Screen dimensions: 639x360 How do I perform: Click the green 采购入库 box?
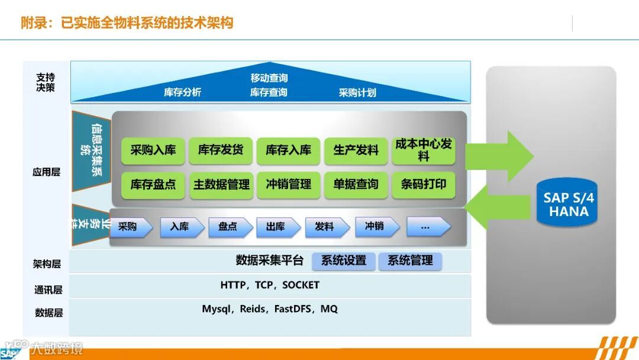[x=153, y=150]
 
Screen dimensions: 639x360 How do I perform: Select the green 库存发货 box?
[x=221, y=150]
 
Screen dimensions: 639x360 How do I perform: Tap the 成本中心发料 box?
[x=424, y=150]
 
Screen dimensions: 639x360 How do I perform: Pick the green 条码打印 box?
[x=424, y=185]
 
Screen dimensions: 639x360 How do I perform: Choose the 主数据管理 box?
[x=221, y=185]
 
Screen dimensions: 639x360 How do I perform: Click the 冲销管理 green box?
[x=288, y=185]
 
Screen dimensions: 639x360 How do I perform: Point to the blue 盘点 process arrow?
[x=230, y=227]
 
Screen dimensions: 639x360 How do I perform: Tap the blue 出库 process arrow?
[x=278, y=227]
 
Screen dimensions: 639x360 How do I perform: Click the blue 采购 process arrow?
[x=131, y=227]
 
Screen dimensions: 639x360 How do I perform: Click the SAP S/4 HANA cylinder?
[x=567, y=202]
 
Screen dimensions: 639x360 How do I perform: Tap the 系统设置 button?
[x=344, y=261]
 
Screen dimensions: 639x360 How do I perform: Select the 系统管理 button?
[x=410, y=261]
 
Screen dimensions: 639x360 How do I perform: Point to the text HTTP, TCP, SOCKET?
[x=270, y=285]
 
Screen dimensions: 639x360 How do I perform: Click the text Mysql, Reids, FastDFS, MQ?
[x=270, y=309]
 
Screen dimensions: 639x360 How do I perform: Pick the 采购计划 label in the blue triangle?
[x=357, y=93]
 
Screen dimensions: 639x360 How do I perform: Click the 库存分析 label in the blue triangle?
[x=183, y=92]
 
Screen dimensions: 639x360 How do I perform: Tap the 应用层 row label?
[x=47, y=172]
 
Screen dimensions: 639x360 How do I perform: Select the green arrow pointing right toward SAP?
[x=499, y=156]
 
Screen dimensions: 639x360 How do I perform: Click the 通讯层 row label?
[x=48, y=290]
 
